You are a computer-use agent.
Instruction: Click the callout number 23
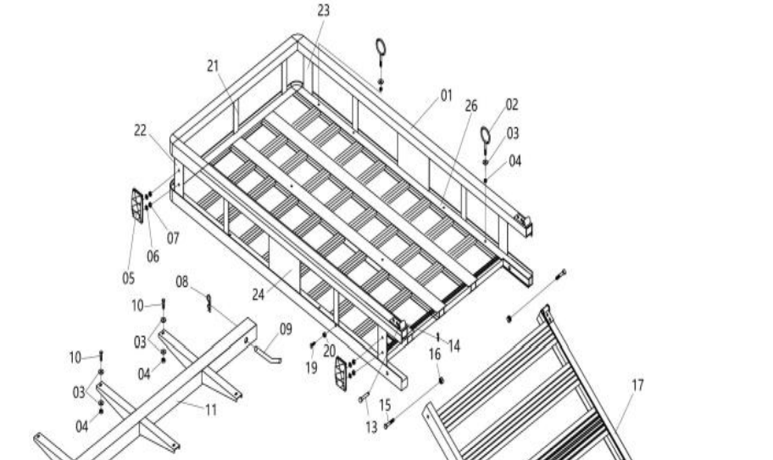(x=324, y=10)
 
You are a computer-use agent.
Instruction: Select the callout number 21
(x=213, y=65)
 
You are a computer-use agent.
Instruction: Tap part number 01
(x=447, y=95)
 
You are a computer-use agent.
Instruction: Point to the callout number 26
(x=471, y=106)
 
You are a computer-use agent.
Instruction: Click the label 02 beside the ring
(x=512, y=104)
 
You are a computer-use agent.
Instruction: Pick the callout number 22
(x=141, y=130)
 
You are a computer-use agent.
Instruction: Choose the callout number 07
(x=173, y=238)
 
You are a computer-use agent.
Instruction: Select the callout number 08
(x=183, y=281)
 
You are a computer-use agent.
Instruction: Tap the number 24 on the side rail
(x=259, y=295)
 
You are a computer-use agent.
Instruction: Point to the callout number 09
(x=286, y=328)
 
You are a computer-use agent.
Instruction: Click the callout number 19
(x=311, y=367)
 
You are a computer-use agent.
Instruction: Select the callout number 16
(x=435, y=354)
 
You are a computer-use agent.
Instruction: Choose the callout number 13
(x=371, y=428)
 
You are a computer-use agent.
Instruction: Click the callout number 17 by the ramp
(x=638, y=384)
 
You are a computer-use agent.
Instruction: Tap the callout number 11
(x=211, y=410)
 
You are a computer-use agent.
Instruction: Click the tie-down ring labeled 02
(x=487, y=135)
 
